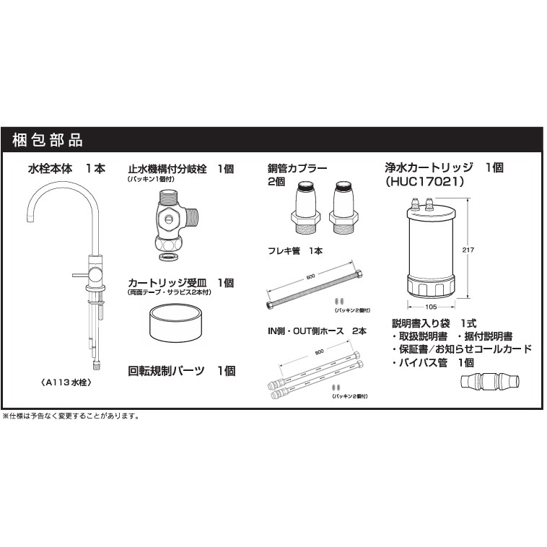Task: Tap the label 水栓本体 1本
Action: (66, 168)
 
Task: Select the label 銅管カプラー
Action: (297, 168)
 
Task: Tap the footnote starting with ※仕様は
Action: (71, 416)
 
